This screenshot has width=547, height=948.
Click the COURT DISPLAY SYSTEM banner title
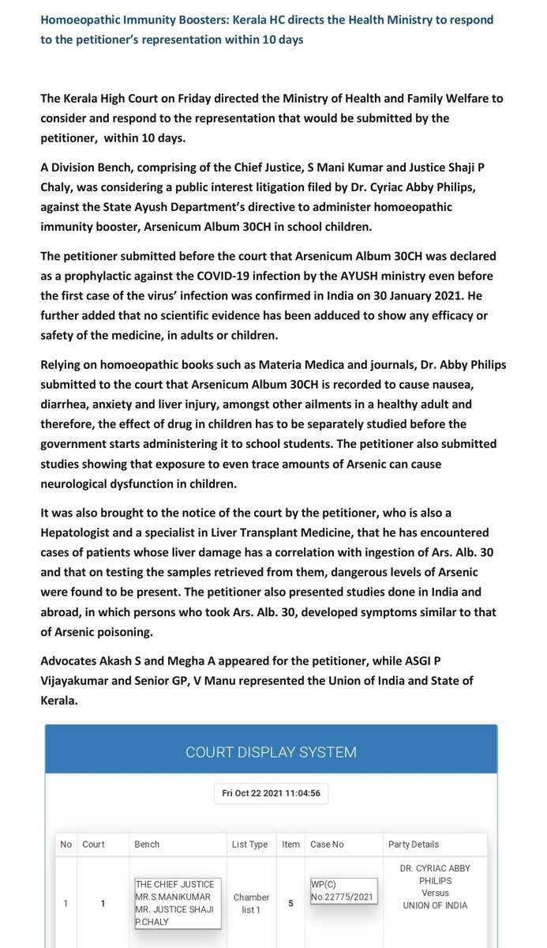click(x=271, y=752)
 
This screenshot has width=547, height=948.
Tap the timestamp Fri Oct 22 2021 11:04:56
click(x=271, y=793)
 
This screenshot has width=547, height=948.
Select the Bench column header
click(x=147, y=845)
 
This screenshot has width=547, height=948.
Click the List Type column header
click(x=249, y=845)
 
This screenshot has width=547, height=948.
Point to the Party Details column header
click(x=414, y=845)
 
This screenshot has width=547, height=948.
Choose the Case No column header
click(x=327, y=845)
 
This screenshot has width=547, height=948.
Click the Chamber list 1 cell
click(x=250, y=904)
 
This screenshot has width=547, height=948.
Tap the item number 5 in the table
click(x=290, y=904)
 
